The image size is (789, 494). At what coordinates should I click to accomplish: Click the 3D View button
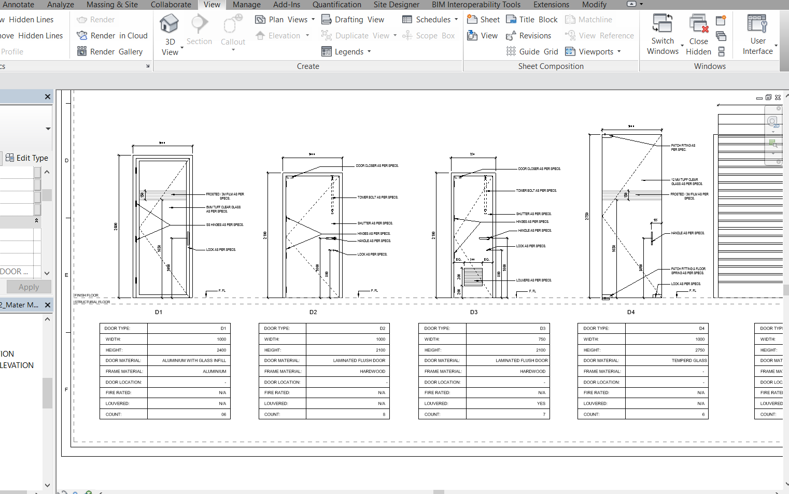[x=170, y=35]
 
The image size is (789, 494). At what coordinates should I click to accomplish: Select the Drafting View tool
[x=353, y=20]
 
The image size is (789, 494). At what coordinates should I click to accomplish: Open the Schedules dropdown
[x=430, y=20]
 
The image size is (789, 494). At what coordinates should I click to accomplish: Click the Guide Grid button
[x=532, y=52]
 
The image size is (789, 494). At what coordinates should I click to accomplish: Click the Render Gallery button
[x=110, y=52]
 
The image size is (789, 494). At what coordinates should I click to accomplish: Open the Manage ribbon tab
[x=246, y=5]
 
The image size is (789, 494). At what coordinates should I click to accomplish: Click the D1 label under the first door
[x=159, y=312]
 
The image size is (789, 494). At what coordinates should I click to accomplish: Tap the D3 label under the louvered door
[x=474, y=312]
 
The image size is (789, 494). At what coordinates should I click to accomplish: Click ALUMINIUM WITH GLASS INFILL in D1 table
[x=194, y=361]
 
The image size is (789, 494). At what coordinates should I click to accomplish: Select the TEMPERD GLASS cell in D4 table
[x=689, y=361]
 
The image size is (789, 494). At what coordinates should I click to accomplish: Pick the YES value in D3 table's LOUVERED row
[x=541, y=404]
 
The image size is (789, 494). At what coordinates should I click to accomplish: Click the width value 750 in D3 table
[x=542, y=340]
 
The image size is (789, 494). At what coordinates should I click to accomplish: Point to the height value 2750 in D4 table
[x=700, y=350]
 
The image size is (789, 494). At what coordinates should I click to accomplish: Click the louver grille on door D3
[x=473, y=277]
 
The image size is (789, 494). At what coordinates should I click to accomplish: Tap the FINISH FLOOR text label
[x=86, y=295]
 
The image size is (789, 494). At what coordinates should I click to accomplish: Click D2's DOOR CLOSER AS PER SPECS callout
[x=377, y=166]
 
